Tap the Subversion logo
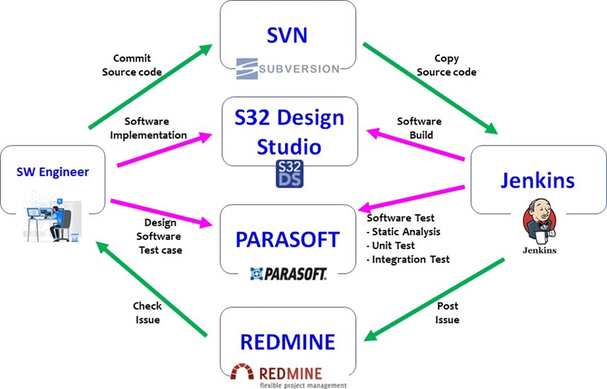(288, 68)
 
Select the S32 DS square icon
(288, 174)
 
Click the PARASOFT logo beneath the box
(288, 273)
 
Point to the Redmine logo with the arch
(287, 374)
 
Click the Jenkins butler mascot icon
(539, 223)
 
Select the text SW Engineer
(53, 172)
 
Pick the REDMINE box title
(287, 342)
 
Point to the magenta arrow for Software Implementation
(164, 151)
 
